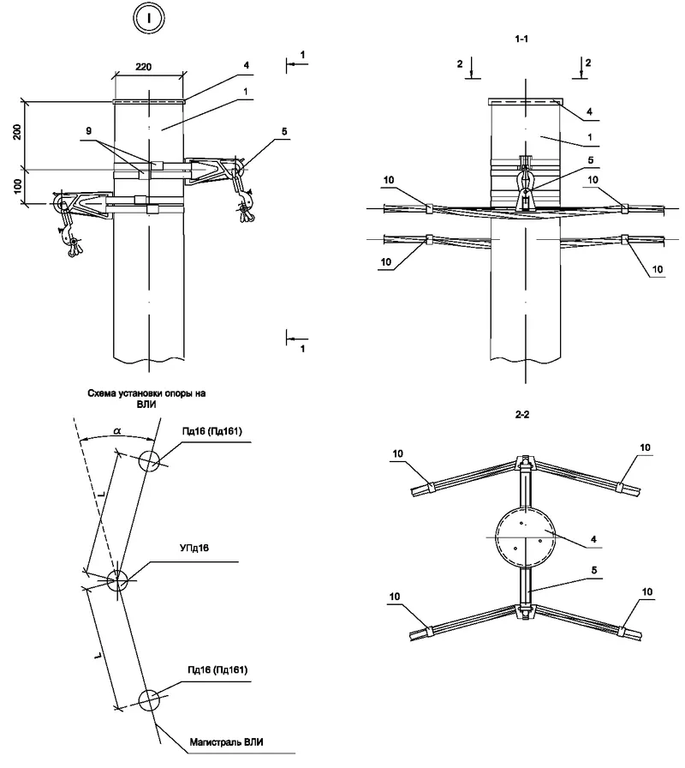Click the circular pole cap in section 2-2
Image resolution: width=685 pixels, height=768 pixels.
click(525, 538)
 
